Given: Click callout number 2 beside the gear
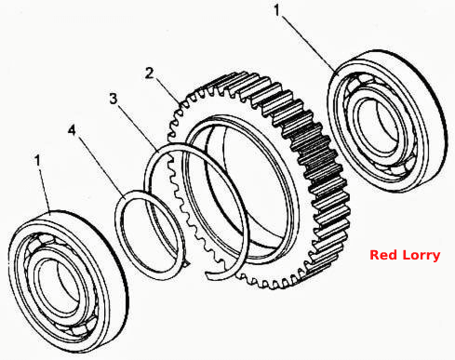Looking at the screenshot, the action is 150,73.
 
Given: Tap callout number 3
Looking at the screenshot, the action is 114,99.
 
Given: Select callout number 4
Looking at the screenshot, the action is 72,130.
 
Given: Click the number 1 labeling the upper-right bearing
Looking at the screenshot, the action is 277,10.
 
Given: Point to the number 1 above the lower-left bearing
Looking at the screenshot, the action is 38,161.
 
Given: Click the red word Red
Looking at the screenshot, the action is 383,255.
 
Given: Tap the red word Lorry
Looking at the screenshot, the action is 422,256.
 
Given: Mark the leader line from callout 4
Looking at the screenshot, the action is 100,167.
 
